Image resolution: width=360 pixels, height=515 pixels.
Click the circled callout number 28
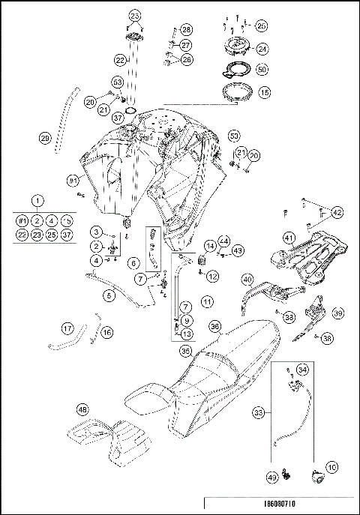coord(186,29)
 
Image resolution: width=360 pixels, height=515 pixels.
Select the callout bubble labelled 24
coord(262,49)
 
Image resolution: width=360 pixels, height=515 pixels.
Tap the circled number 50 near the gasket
coord(262,69)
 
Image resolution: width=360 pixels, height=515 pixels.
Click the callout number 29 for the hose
coord(45,137)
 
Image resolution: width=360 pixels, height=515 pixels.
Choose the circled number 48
coord(82,409)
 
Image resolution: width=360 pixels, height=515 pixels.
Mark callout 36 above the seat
coord(214,327)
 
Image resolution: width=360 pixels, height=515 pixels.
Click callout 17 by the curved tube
coord(67,328)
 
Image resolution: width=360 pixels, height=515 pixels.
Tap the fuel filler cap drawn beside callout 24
coord(235,47)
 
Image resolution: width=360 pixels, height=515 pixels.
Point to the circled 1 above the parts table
coord(38,202)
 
